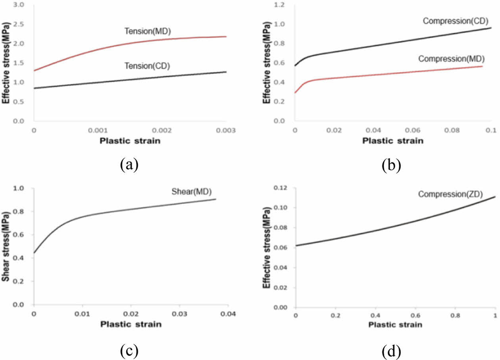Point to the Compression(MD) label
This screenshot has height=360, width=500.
click(451, 59)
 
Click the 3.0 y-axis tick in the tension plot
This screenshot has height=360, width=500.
click(19, 5)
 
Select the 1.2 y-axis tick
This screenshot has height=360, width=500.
click(281, 5)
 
